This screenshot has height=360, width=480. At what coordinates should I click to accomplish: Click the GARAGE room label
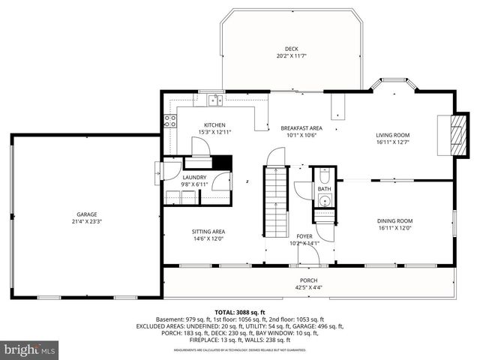86,214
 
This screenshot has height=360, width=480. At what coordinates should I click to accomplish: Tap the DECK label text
290,49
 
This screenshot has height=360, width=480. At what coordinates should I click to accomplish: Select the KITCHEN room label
215,125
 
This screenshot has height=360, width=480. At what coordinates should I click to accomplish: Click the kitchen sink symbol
215,100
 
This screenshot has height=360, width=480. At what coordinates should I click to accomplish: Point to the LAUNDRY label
195,177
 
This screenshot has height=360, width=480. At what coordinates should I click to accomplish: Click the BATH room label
324,189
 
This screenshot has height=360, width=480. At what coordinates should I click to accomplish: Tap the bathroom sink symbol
324,201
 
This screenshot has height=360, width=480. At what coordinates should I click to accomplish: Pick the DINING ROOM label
394,220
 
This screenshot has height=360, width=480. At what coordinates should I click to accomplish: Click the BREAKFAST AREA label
301,128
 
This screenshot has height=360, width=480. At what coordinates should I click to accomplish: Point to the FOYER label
304,235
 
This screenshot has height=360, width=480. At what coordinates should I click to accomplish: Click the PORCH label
308,279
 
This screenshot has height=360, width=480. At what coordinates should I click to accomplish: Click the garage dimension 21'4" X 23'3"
86,221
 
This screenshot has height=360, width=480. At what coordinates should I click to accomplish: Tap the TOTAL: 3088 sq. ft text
240,311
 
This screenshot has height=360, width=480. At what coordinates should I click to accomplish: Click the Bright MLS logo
30,349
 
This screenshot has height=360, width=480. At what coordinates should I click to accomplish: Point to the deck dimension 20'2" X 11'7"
290,56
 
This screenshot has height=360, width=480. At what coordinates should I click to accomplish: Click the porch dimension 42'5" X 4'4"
308,286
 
